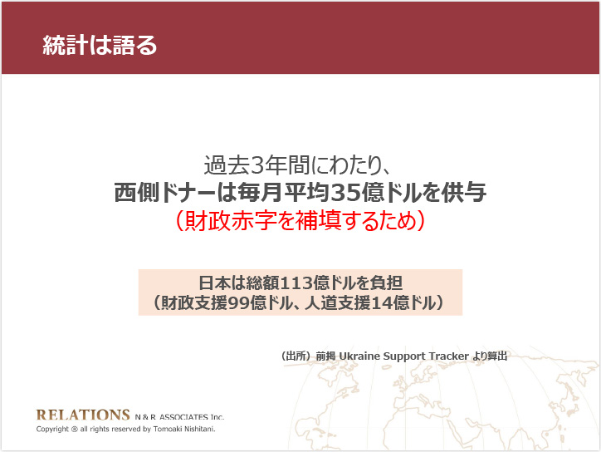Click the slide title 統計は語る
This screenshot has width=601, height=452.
click(x=100, y=45)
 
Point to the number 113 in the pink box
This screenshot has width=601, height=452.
click(x=297, y=283)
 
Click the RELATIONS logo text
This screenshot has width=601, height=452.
click(x=83, y=415)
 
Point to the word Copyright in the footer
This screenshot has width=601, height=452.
click(x=52, y=429)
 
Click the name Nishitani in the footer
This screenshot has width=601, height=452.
click(x=199, y=429)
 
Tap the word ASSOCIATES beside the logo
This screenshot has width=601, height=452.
click(x=184, y=417)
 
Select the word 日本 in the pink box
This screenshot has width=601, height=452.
click(x=213, y=283)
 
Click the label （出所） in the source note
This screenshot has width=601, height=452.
click(x=296, y=356)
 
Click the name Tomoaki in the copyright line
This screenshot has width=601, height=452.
click(x=168, y=429)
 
